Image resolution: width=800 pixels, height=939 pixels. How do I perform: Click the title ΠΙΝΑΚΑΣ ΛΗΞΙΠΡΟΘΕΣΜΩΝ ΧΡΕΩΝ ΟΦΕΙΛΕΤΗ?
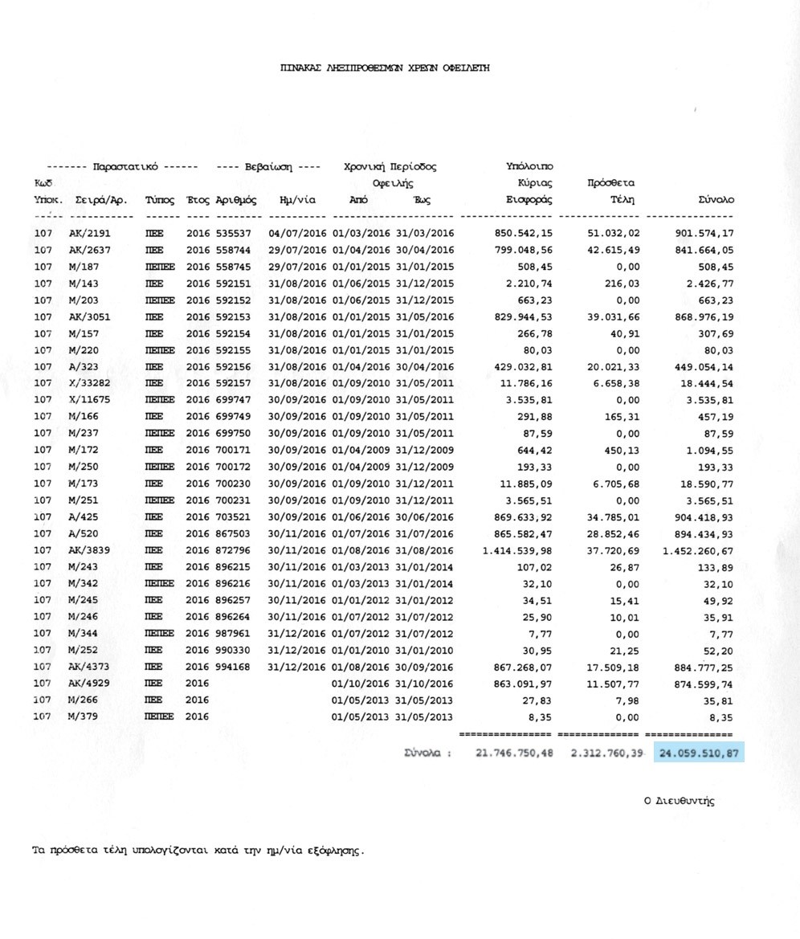tap(385, 68)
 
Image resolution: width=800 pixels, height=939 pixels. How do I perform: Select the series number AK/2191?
tap(90, 233)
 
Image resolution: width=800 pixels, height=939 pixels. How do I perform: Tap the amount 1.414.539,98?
tap(517, 550)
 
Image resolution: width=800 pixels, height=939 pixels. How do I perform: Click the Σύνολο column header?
tap(714, 199)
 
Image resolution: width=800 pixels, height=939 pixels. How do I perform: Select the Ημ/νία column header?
tap(296, 199)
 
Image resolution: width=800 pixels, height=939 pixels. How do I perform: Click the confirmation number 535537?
tap(235, 233)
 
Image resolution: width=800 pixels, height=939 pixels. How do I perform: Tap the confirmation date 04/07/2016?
tap(296, 233)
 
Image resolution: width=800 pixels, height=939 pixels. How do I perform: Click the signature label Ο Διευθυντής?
tap(679, 801)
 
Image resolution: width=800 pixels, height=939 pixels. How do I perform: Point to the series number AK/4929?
tap(90, 684)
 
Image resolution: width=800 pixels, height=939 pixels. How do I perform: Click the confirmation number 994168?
tap(235, 667)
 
